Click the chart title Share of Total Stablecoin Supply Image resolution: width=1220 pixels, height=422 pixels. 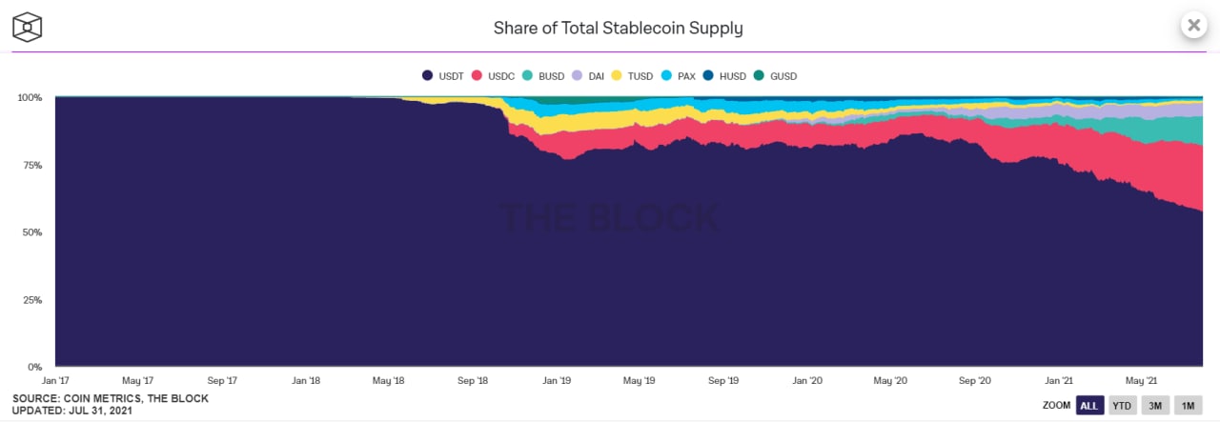point(618,28)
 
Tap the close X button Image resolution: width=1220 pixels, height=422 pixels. point(1193,26)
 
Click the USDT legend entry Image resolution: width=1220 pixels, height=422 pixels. point(443,76)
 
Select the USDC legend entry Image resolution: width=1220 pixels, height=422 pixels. point(494,76)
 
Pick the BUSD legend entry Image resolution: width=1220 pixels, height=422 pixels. point(544,76)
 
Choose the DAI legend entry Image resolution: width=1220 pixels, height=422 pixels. point(591,76)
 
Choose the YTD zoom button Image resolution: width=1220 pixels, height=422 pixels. point(1122,406)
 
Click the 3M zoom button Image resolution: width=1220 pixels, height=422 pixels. point(1154,406)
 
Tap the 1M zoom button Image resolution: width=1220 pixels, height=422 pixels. point(1188,406)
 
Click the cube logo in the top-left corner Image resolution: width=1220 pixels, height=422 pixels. point(28,27)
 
